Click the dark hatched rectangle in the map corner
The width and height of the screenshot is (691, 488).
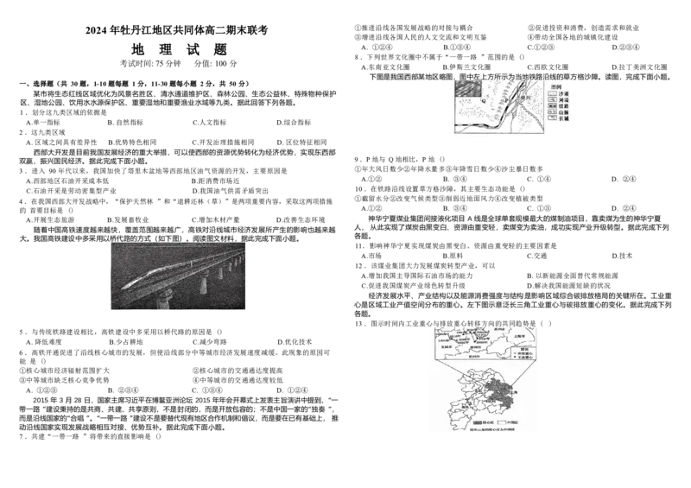467,87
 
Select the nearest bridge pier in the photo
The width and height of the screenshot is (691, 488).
163,299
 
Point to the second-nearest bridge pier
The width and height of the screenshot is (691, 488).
203,285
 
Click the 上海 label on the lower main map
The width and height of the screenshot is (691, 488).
517,391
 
